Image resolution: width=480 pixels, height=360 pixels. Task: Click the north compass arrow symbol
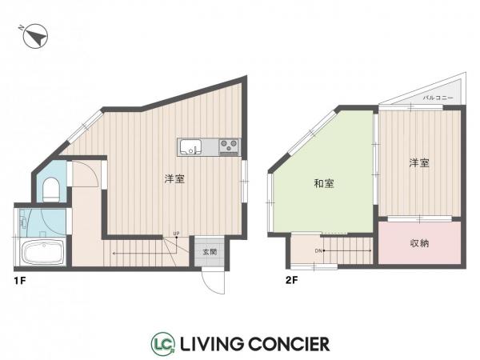point(35,36)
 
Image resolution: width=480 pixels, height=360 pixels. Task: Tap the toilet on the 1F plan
point(51,189)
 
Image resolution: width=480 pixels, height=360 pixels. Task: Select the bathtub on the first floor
point(43,253)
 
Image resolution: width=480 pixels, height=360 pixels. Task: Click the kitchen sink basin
point(190,147)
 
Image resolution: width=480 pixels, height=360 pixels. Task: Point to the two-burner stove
point(230,147)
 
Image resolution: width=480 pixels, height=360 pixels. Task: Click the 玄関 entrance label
point(210,252)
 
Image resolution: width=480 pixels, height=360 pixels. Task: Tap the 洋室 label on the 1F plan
point(174,178)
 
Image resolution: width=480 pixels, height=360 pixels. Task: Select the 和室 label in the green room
point(324,183)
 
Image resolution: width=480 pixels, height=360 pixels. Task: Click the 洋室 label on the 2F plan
point(419,163)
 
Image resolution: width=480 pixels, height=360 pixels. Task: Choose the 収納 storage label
point(419,243)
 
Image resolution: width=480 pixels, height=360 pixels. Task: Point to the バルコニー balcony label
point(438,98)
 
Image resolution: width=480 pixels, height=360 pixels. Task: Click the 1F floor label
point(19,281)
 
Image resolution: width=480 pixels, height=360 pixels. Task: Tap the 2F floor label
point(291,280)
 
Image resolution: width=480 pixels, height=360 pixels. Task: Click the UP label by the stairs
point(176,234)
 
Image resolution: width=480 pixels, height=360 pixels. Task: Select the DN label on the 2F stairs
point(318,251)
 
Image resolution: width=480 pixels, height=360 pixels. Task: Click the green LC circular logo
point(163,343)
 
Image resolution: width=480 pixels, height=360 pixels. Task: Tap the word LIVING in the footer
point(212,344)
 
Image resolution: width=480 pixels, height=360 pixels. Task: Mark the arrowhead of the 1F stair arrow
point(114,254)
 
